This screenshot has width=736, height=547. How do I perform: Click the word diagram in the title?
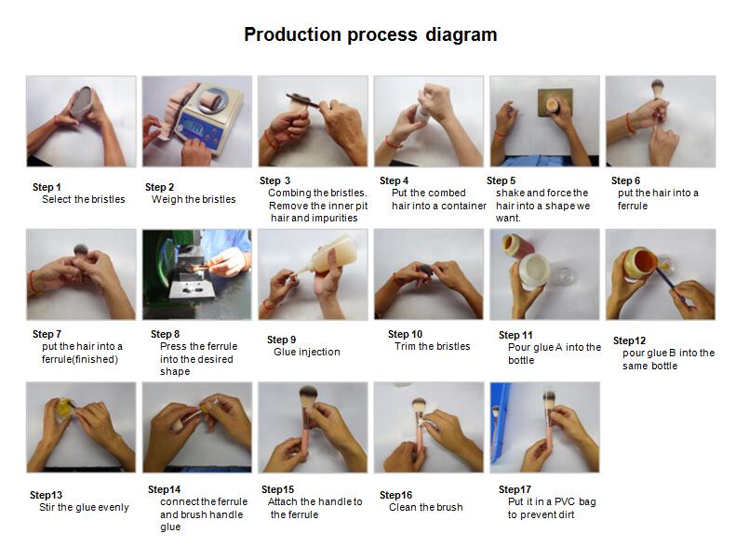pyautogui.click(x=461, y=35)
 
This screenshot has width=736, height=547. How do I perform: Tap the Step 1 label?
pyautogui.click(x=47, y=187)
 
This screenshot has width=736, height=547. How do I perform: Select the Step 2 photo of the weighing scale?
pyautogui.click(x=197, y=121)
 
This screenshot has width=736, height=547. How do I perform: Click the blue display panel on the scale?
pyautogui.click(x=195, y=129)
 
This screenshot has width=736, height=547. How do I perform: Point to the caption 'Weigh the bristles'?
pyautogui.click(x=194, y=199)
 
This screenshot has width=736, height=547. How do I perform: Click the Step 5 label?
pyautogui.click(x=501, y=180)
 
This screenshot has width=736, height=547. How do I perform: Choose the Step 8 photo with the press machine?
pyautogui.click(x=197, y=274)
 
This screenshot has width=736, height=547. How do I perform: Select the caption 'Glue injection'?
pyautogui.click(x=306, y=352)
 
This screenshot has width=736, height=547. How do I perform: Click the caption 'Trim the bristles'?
pyautogui.click(x=433, y=346)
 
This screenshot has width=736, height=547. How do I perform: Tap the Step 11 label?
pyautogui.click(x=515, y=335)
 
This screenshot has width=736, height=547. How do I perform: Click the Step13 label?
pyautogui.click(x=46, y=495)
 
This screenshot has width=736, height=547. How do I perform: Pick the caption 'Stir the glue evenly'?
pyautogui.click(x=84, y=507)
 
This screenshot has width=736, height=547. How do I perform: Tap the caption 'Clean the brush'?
pyautogui.click(x=426, y=507)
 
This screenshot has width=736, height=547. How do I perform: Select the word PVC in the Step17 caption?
pyautogui.click(x=565, y=501)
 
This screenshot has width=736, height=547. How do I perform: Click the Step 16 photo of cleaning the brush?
pyautogui.click(x=429, y=427)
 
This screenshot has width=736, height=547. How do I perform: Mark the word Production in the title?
pyautogui.click(x=293, y=35)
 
